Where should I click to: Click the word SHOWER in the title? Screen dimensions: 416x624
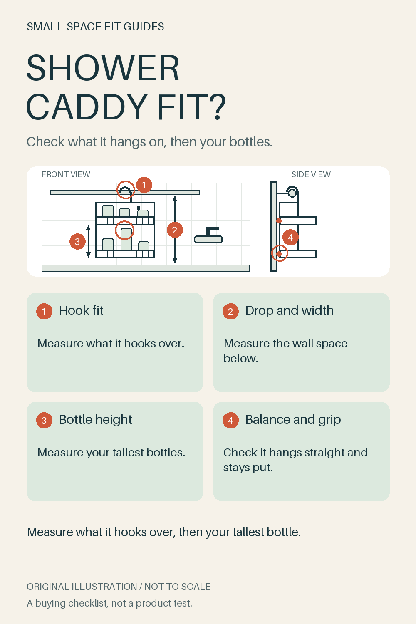[103, 68]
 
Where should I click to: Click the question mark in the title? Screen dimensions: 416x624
[216, 106]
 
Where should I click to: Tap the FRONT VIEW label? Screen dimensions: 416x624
[66, 174]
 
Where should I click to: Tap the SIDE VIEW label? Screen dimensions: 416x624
[311, 174]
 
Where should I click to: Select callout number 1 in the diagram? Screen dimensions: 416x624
[144, 185]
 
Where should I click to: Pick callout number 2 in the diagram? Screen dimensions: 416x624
[175, 230]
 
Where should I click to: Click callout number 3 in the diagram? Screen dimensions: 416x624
[77, 242]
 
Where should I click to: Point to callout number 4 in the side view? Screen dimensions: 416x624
[290, 238]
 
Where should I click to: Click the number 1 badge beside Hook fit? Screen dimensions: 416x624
[44, 311]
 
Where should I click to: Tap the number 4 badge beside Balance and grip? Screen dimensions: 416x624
[230, 420]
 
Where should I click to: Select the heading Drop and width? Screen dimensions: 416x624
[290, 310]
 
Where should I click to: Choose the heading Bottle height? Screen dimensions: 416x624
[95, 419]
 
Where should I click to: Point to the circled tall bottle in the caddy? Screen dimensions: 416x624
[126, 239]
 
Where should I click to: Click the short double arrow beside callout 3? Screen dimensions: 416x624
[88, 241]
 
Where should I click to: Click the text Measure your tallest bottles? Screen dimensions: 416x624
[111, 453]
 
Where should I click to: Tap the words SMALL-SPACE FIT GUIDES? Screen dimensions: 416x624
[95, 27]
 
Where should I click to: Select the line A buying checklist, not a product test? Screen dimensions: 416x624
[109, 603]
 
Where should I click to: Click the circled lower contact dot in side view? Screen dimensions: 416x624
[279, 254]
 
